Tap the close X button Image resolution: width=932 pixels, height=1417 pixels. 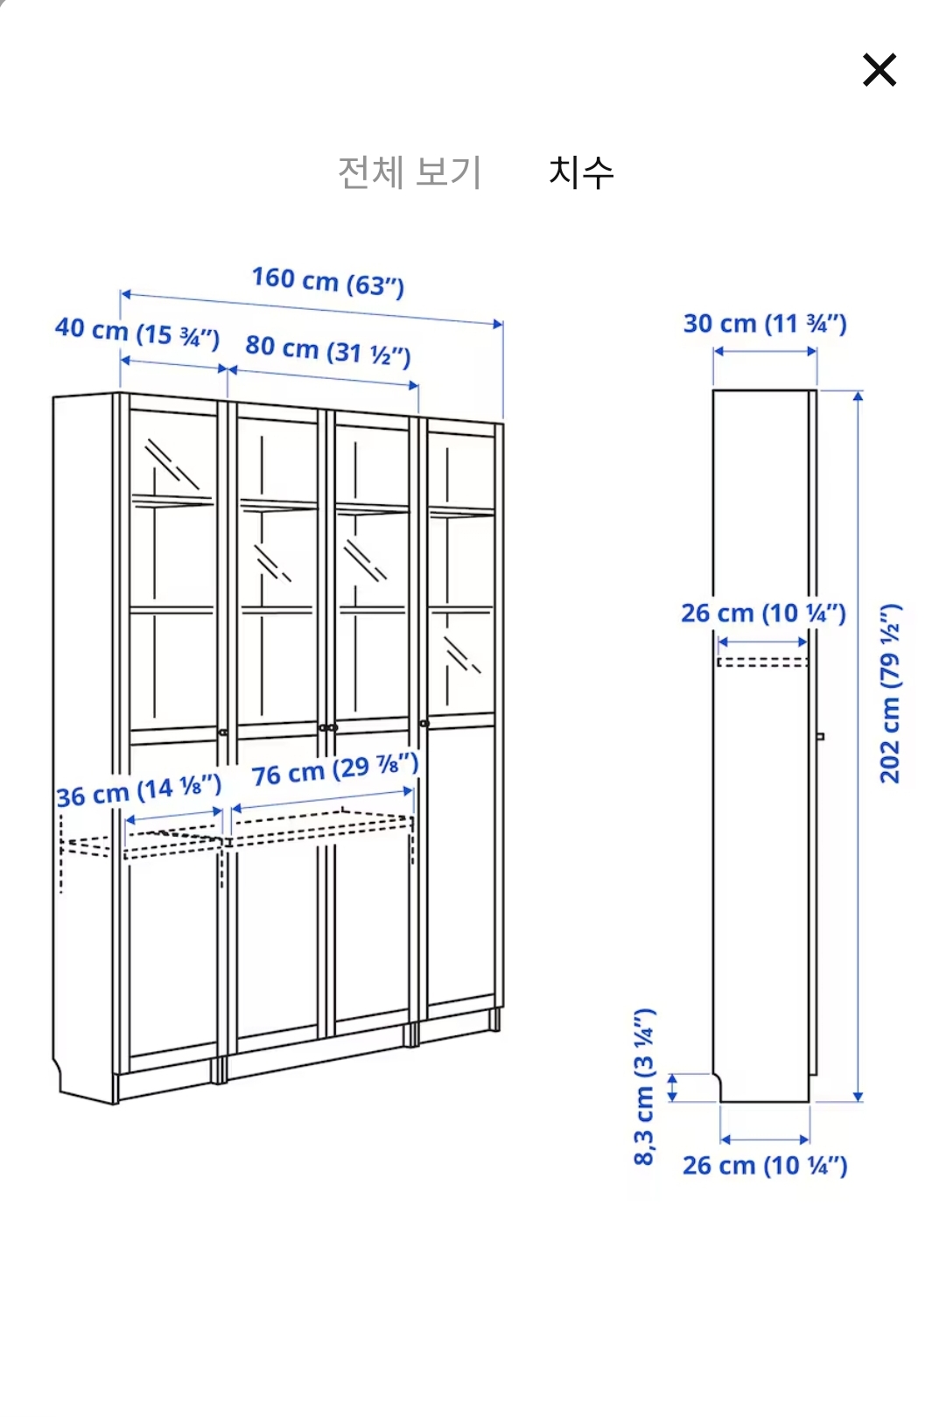879,70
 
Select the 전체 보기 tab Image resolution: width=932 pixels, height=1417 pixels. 410,172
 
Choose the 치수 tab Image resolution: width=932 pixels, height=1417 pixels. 581,172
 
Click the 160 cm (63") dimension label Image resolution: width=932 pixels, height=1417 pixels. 328,282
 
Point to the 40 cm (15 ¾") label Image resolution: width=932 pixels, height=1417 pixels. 137,333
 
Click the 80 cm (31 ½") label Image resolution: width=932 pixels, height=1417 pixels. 328,351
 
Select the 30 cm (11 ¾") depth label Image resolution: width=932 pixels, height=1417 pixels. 765,323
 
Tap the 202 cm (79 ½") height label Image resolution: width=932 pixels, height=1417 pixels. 890,694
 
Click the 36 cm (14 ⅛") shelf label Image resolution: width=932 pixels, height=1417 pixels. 139,790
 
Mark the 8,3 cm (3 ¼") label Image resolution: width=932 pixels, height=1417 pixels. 644,1087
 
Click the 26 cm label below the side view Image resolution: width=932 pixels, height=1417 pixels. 765,1165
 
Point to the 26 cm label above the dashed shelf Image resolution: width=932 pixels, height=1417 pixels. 763,613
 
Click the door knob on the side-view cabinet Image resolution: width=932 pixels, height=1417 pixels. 821,736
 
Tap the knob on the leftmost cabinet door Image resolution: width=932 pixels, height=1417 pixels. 222,733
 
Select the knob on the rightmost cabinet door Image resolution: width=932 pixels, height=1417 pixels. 424,724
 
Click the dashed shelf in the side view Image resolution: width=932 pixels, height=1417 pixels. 762,663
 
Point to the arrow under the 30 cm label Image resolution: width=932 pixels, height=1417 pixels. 765,351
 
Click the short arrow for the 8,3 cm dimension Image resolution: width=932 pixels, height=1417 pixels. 673,1087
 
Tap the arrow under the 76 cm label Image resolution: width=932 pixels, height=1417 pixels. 322,800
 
